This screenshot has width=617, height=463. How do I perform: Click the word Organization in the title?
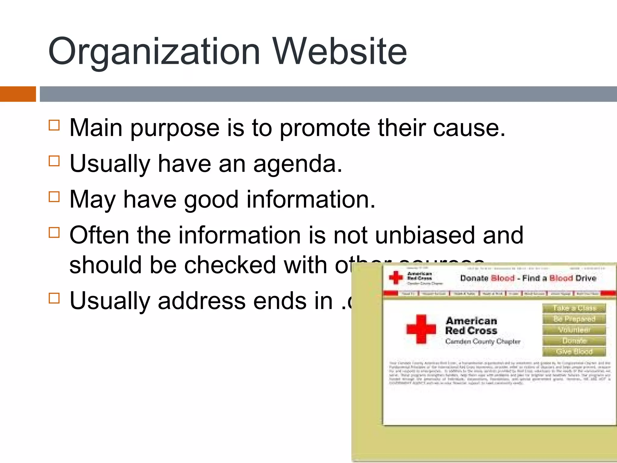click(x=154, y=52)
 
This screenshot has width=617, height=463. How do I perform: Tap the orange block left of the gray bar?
click(x=18, y=94)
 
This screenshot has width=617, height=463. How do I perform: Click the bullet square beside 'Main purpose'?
click(x=54, y=125)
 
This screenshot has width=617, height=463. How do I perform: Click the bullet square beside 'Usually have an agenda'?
click(x=54, y=161)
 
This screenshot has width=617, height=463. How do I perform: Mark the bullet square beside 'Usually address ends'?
click(x=54, y=298)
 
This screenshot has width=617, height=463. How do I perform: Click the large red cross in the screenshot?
click(x=421, y=329)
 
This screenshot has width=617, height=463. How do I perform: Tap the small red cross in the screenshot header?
click(x=396, y=278)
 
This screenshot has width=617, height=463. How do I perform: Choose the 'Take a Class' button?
click(x=574, y=308)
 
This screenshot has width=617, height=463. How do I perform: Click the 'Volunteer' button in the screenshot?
click(x=574, y=330)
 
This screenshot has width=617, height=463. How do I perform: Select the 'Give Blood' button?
click(x=574, y=351)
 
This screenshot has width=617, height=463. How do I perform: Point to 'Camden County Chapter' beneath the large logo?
click(x=483, y=342)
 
